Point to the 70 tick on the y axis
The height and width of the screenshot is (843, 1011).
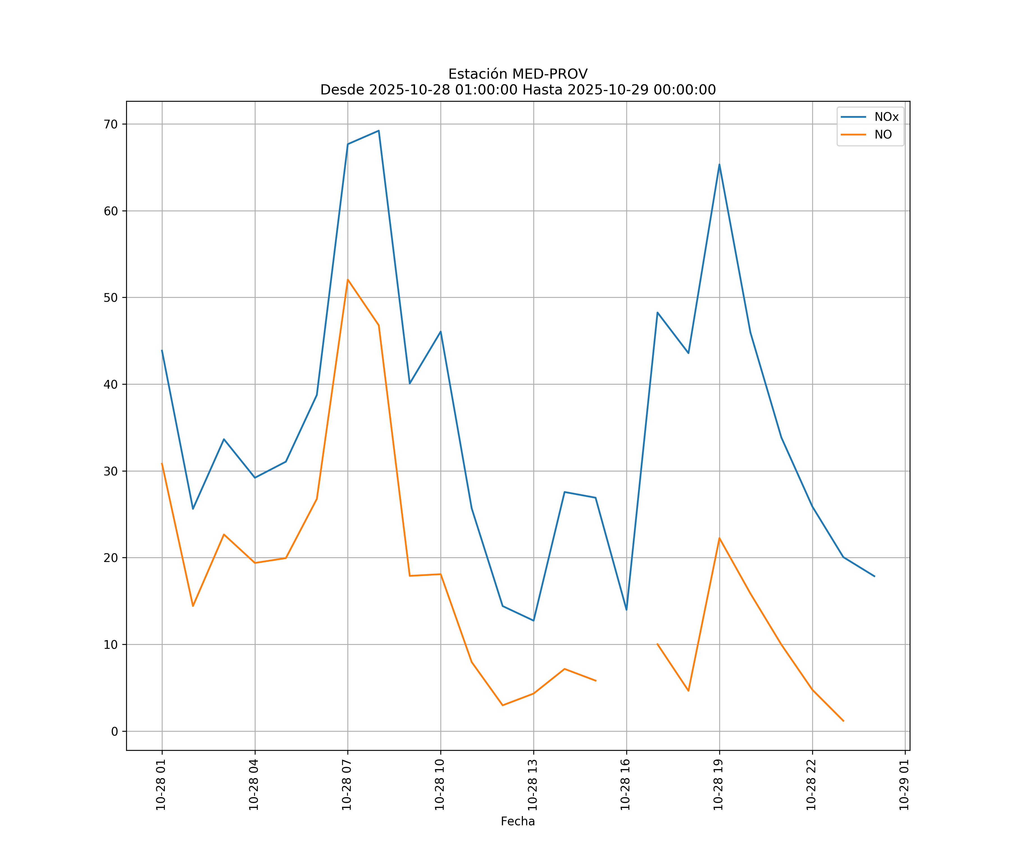coord(111,124)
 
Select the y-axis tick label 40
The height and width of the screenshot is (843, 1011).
coord(111,384)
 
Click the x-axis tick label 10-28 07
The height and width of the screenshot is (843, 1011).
coord(347,785)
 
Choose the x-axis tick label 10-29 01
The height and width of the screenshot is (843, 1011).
coord(904,785)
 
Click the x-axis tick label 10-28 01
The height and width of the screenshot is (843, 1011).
coord(161,785)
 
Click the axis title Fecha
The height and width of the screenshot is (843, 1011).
coord(518,821)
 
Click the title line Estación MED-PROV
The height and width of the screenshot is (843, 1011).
coord(518,74)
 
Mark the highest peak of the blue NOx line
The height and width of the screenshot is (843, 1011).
coord(379,131)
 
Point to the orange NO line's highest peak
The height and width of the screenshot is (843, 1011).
coord(348,279)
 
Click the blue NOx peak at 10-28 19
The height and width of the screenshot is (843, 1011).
coord(719,165)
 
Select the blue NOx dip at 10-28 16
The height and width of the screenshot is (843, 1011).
coord(626,609)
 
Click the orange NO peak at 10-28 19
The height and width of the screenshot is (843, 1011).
coord(719,538)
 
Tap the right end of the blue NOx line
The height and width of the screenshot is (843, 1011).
coord(874,576)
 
